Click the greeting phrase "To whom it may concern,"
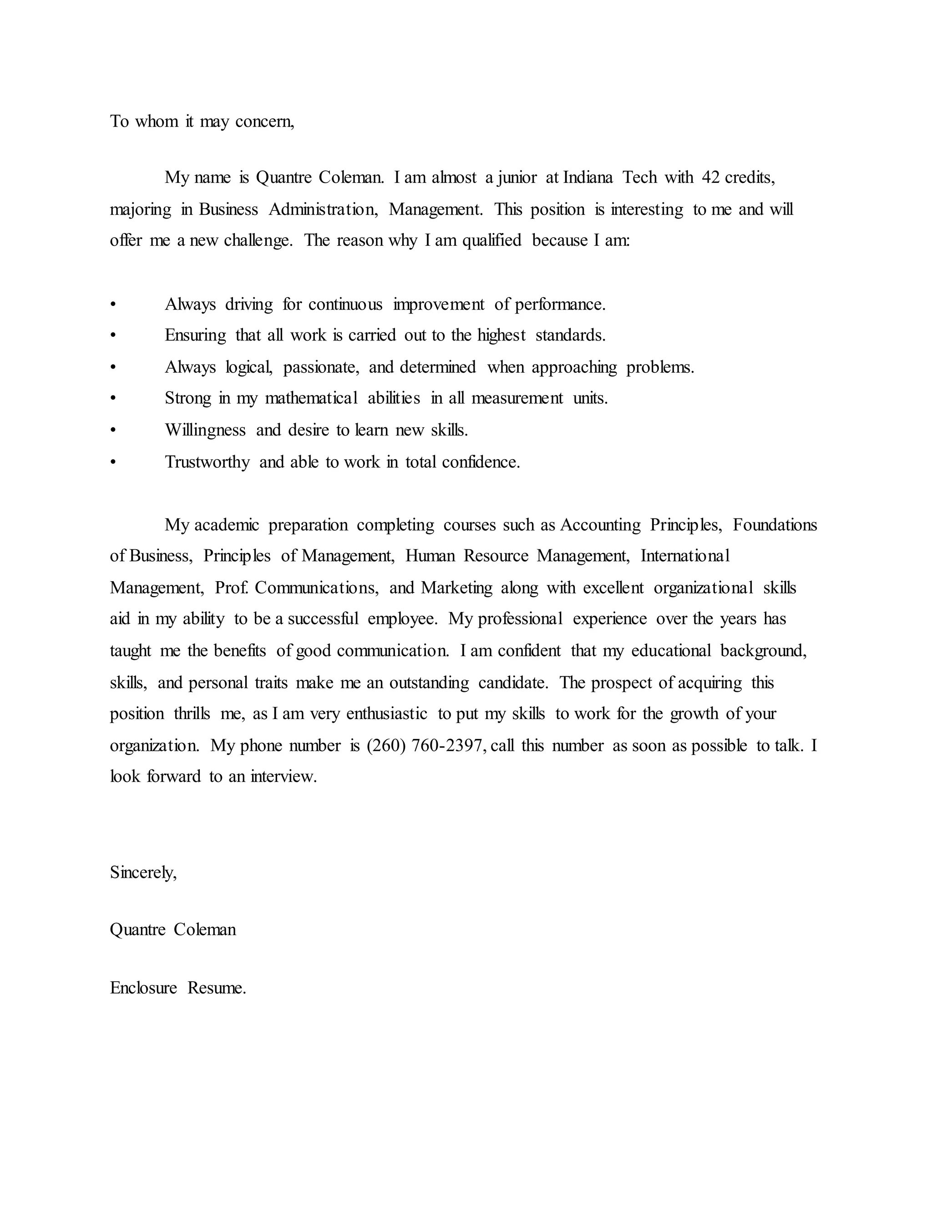pos(202,122)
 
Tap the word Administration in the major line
pos(323,209)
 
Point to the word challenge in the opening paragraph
pos(258,241)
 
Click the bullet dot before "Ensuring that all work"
pos(113,336)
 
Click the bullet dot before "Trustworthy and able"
pos(113,462)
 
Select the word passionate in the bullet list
pos(321,367)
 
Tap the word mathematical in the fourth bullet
pos(311,398)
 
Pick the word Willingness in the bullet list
pos(205,430)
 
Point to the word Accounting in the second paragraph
pos(600,525)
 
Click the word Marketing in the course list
pos(456,588)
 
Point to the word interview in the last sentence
pos(283,777)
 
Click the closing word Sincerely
pos(143,872)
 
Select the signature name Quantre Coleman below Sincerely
pos(173,930)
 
